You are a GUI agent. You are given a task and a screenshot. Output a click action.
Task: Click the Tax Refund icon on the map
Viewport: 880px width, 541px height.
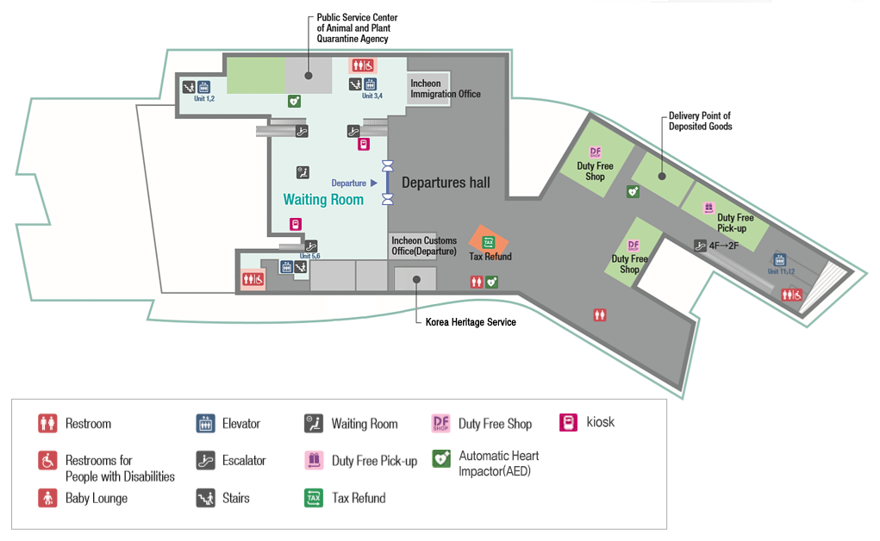[489, 242]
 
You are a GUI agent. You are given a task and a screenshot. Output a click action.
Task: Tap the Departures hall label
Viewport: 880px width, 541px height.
[446, 183]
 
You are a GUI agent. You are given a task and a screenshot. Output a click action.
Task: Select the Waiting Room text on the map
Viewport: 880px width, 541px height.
[323, 200]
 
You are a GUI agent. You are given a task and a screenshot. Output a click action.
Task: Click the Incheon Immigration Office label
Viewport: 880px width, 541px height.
[445, 89]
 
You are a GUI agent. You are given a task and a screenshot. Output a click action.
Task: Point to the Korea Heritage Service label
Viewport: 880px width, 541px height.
[471, 322]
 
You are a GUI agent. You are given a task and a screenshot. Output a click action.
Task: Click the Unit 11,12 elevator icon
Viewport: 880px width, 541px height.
[779, 259]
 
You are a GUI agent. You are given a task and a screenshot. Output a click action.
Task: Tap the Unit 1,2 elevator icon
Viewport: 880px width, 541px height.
[204, 86]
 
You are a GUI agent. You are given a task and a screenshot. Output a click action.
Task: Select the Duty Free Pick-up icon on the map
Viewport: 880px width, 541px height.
[708, 207]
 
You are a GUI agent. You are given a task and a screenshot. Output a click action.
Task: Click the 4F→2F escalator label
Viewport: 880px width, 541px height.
[723, 246]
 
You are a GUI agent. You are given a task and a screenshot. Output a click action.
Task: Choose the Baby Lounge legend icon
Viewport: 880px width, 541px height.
[47, 498]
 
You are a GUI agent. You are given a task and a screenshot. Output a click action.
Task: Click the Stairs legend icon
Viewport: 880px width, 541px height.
[205, 498]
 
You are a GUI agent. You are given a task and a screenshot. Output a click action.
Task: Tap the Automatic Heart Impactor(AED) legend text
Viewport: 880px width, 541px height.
[498, 463]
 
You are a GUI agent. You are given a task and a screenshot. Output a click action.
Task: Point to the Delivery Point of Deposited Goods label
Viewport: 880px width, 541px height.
[700, 121]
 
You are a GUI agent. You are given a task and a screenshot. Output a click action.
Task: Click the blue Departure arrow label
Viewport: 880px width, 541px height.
[354, 183]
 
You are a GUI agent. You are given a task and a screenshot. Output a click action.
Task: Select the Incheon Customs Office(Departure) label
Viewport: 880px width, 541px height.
[423, 246]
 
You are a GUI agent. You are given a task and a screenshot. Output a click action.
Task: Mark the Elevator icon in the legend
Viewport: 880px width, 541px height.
[205, 424]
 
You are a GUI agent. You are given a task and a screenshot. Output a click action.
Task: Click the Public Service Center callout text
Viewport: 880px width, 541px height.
[357, 28]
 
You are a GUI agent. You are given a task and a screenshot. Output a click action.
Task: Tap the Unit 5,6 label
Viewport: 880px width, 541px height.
[310, 257]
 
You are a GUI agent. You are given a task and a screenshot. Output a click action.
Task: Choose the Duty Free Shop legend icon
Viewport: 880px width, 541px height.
[441, 424]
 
